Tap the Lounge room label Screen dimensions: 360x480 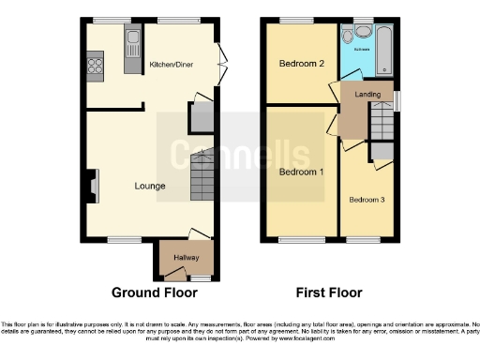coord(149,186)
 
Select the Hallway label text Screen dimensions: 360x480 coord(186,257)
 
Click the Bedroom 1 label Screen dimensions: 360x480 coord(302,172)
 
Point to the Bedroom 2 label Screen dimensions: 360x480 coord(302,64)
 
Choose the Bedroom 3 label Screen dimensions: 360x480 coord(367,200)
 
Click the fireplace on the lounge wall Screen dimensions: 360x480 coord(91,185)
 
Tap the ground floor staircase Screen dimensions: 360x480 coord(203,176)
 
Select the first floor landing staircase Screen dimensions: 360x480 coord(382,120)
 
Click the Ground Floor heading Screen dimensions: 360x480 coord(148,292)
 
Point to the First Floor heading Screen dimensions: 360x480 coord(329,292)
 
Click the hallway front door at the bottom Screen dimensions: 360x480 coord(200,278)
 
